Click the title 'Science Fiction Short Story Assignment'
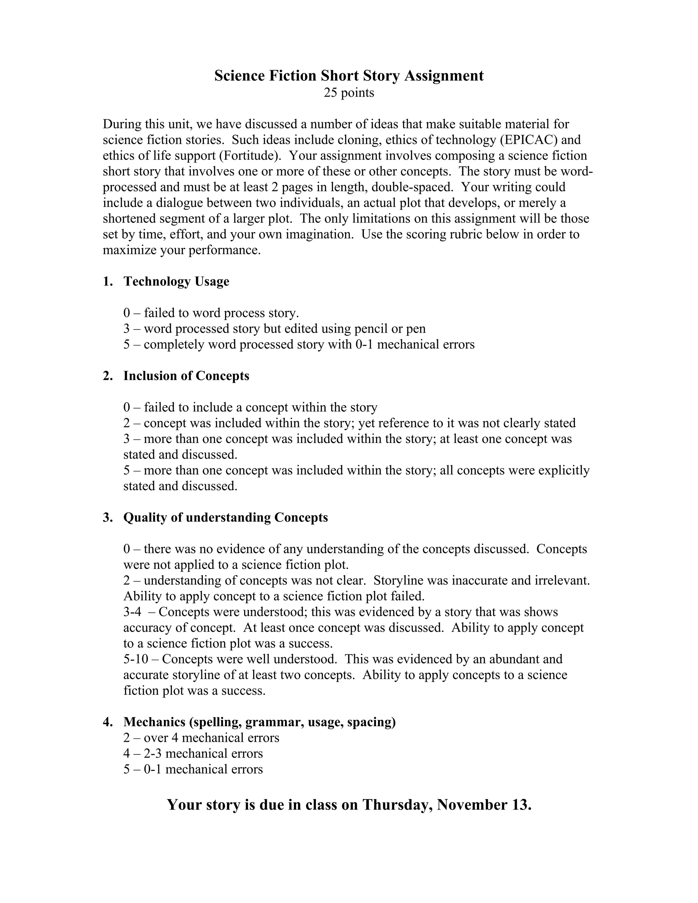coord(349,76)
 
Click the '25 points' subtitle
coord(349,93)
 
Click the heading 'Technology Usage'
coord(176,281)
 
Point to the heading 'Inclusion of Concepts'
coord(186,376)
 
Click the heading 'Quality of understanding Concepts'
coord(225,518)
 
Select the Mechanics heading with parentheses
coord(259,722)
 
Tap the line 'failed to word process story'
coord(221,313)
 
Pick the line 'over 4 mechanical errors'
coord(211,738)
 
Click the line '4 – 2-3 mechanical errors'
coord(193,754)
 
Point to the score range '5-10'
coord(135,659)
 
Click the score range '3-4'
coord(132,612)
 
